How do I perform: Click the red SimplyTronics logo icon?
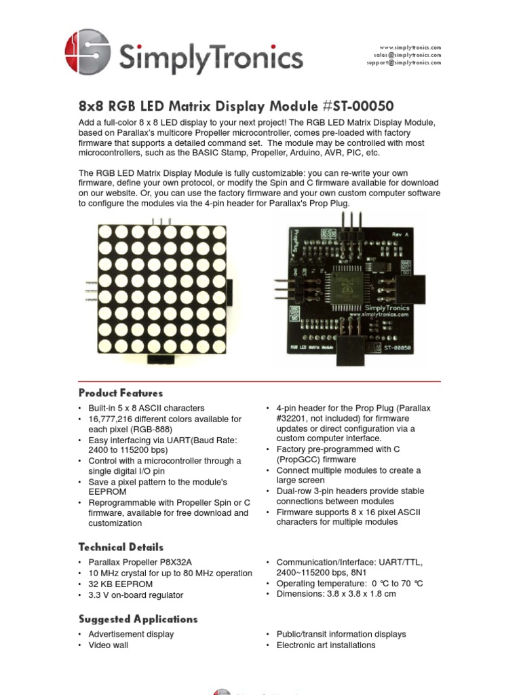tap(88, 52)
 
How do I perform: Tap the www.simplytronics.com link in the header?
tap(410, 48)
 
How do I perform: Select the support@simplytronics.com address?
tap(404, 62)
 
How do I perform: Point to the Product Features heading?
tap(121, 393)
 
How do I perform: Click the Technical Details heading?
tap(121, 547)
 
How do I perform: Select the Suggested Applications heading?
tap(138, 619)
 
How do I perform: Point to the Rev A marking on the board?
tap(401, 234)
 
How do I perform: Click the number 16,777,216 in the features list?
tap(113, 419)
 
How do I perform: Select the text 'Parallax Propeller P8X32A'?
tap(140, 562)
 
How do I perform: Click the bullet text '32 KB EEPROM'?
tap(120, 584)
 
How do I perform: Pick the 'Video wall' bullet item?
tap(108, 645)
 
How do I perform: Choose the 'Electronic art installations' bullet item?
tap(326, 645)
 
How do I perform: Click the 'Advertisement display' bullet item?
tap(131, 634)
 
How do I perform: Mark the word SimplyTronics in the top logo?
tap(210, 57)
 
